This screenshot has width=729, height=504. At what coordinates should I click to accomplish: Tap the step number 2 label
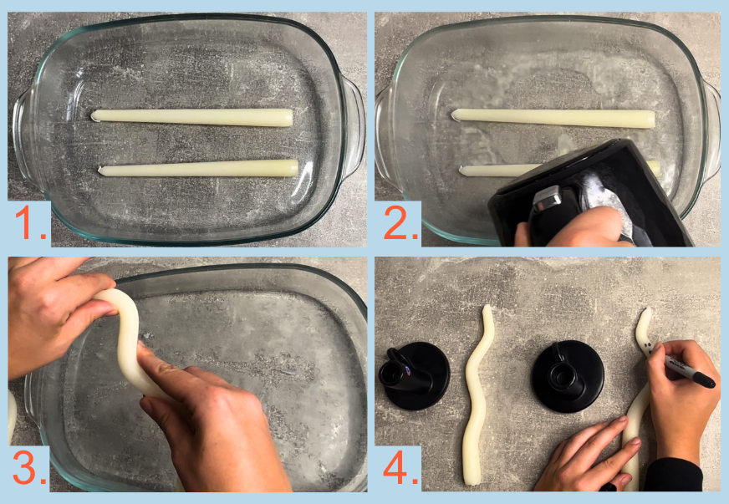pos(400,223)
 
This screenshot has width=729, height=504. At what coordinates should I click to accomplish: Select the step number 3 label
pos(30,468)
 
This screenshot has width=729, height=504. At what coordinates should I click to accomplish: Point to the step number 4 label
pos(400,468)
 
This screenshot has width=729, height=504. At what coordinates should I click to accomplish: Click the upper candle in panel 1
pos(191,117)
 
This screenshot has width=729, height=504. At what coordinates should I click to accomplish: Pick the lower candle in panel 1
pos(198,168)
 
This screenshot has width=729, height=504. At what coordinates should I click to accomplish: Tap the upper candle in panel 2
pos(553,118)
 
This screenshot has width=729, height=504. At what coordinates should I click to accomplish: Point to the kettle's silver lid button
pos(545,196)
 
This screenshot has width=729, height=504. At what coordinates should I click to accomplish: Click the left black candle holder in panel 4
pos(414,375)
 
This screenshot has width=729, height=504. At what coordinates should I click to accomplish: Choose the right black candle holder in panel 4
pos(568,377)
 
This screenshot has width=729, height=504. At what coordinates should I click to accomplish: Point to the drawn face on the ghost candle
pos(649,345)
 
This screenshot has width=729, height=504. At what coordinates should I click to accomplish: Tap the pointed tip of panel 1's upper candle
pos(92,115)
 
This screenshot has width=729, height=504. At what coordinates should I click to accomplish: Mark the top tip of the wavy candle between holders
pos(487,307)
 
